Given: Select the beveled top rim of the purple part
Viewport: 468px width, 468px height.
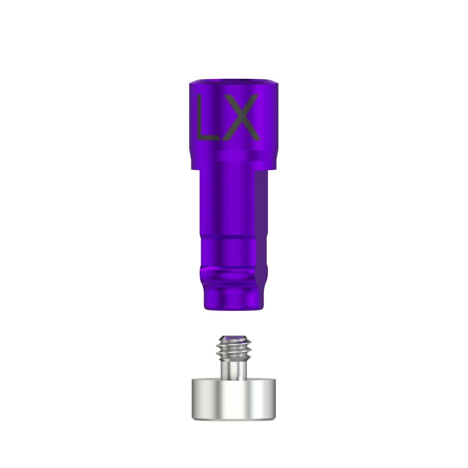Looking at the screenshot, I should [234, 83].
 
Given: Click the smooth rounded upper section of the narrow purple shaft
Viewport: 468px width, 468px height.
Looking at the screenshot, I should [226, 203].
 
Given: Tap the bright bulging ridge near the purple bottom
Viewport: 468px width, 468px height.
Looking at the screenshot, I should [230, 269].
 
